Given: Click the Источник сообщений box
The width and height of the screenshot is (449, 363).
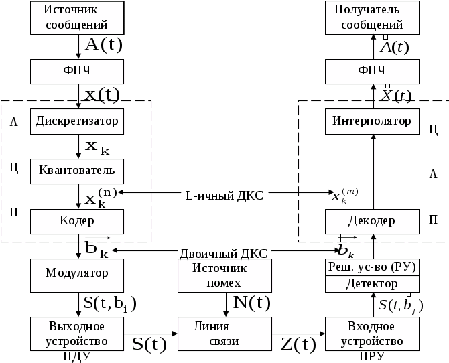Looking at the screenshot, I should click(x=78, y=18).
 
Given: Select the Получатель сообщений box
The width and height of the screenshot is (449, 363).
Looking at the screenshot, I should click(x=372, y=18).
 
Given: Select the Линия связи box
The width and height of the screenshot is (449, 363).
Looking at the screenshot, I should click(x=225, y=334).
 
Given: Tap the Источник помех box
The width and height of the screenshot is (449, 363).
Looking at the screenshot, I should click(x=225, y=275).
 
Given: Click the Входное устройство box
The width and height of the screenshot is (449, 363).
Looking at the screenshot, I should click(x=372, y=334).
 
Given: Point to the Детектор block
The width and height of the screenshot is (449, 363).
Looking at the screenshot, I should click(x=372, y=284).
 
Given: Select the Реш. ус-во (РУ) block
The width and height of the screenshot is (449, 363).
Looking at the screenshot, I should click(x=372, y=267).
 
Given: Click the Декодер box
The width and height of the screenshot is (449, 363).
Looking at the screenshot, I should click(x=372, y=220).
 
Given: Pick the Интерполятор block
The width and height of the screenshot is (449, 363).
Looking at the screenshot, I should click(x=372, y=121).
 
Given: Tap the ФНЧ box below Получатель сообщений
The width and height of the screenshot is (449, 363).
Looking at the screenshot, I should click(x=372, y=70).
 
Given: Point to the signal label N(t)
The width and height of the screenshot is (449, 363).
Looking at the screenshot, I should click(x=251, y=303).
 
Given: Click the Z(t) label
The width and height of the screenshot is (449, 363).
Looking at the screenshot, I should click(x=298, y=345).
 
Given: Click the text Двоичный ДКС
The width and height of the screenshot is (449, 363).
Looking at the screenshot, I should click(x=223, y=253).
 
